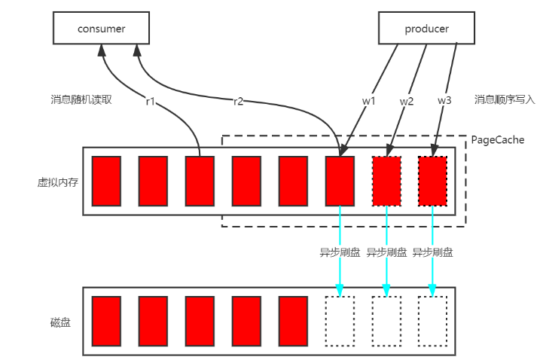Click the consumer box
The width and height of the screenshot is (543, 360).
(101, 29)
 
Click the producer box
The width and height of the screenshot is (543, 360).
(427, 29)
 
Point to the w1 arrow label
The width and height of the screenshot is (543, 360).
(368, 99)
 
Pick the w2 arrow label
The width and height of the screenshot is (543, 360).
(406, 99)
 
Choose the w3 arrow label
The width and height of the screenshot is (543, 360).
(445, 99)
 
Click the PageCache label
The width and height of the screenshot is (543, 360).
(498, 140)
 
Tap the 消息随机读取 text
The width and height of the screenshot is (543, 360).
(81, 99)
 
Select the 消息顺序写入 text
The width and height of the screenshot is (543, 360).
(505, 99)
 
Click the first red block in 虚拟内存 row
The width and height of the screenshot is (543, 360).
(106, 182)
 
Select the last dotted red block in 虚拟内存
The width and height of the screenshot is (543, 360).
(432, 182)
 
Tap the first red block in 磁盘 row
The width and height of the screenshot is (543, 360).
(106, 321)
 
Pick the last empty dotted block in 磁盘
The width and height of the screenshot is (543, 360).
(432, 321)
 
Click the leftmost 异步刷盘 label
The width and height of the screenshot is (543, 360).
(340, 252)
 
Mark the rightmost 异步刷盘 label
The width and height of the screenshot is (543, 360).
(433, 252)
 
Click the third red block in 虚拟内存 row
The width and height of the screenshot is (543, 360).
(200, 182)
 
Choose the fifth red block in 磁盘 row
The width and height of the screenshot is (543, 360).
(293, 321)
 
